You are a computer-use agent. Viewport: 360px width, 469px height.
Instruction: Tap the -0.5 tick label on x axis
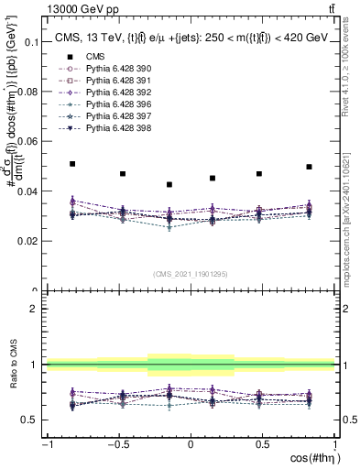point(116,445)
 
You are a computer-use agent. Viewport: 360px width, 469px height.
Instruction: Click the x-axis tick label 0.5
point(263,445)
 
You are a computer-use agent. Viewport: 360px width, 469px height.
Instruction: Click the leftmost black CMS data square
point(73,164)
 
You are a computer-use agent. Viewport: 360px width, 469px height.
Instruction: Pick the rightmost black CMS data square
point(309,167)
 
